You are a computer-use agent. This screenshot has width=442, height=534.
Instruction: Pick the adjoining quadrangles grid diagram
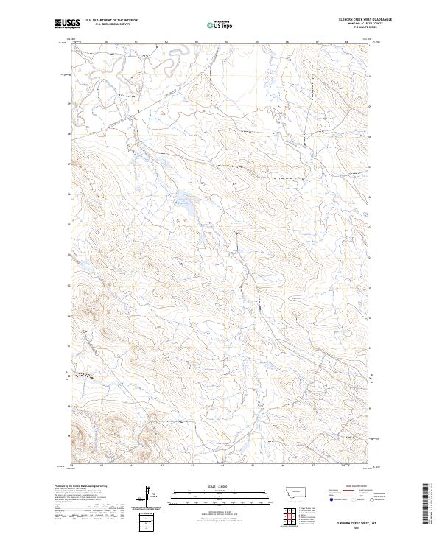tap(290, 513)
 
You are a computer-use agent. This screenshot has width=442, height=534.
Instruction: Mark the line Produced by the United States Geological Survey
tap(85, 487)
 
